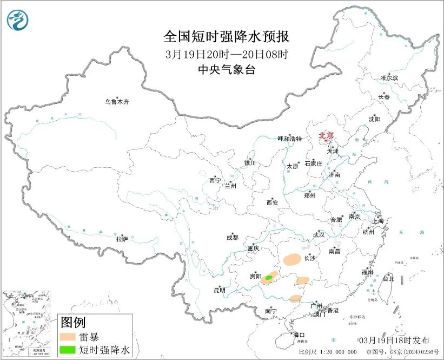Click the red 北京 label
pos(326,135)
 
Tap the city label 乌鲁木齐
pos(117,101)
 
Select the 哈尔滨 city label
pos(389,78)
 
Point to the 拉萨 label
pos(122,238)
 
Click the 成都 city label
pos(233,237)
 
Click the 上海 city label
pos(376,221)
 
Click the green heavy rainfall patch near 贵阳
pos(269,277)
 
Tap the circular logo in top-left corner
pos(17,20)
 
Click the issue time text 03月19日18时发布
pos(394,340)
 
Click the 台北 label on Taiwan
pos(388,279)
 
